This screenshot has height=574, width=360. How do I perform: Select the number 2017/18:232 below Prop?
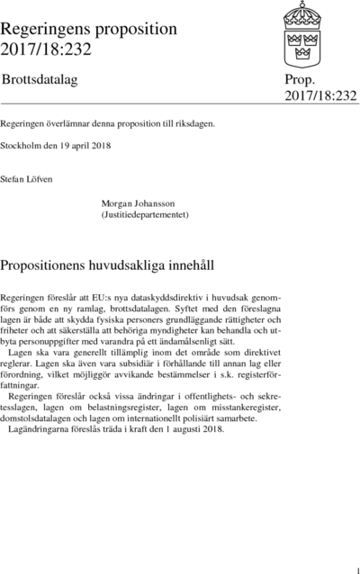click(320, 95)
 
